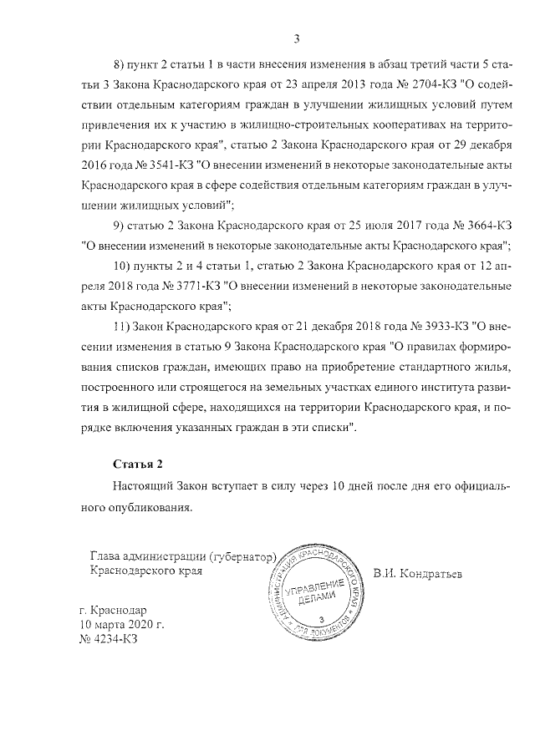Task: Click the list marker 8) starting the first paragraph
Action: (119, 64)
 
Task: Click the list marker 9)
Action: (119, 226)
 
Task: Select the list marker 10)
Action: (122, 266)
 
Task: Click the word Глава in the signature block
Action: (104, 556)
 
